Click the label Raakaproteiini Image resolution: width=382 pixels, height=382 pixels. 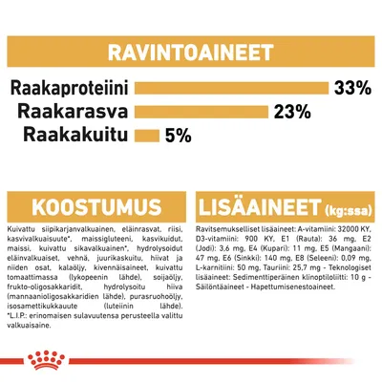coord(70,89)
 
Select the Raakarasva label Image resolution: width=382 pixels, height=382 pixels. coord(81,112)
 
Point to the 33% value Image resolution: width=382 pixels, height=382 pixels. coord(352,89)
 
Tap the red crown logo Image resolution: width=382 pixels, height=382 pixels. coord(191,359)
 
